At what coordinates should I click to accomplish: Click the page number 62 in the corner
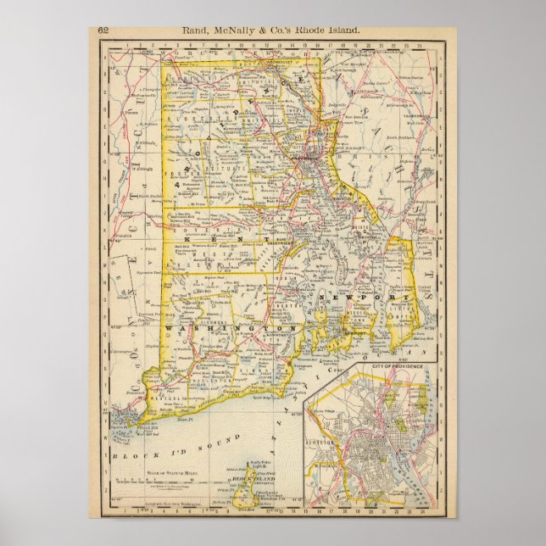(x=103, y=31)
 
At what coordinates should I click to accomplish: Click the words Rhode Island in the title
(x=334, y=31)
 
